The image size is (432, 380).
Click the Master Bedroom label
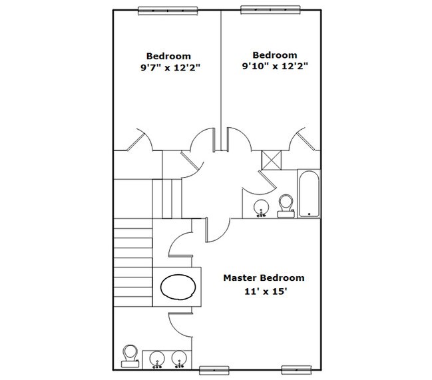(264, 278)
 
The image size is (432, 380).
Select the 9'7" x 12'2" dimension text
(170, 67)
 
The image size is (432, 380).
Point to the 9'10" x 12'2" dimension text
(275, 67)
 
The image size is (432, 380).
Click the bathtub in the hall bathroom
(309, 194)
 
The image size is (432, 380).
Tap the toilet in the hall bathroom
(286, 206)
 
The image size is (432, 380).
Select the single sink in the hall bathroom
(261, 208)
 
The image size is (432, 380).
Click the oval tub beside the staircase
(178, 287)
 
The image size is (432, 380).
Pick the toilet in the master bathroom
(130, 356)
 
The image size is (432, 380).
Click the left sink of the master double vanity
(157, 359)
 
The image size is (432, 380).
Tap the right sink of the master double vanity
(179, 359)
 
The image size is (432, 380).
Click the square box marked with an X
(272, 160)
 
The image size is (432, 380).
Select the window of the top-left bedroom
(168, 11)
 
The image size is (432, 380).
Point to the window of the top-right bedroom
(270, 9)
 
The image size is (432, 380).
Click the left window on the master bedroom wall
(214, 370)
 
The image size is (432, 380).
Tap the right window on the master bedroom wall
(296, 370)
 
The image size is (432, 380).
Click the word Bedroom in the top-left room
(168, 56)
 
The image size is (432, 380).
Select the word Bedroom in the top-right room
(275, 55)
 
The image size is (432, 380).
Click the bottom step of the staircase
(133, 301)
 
